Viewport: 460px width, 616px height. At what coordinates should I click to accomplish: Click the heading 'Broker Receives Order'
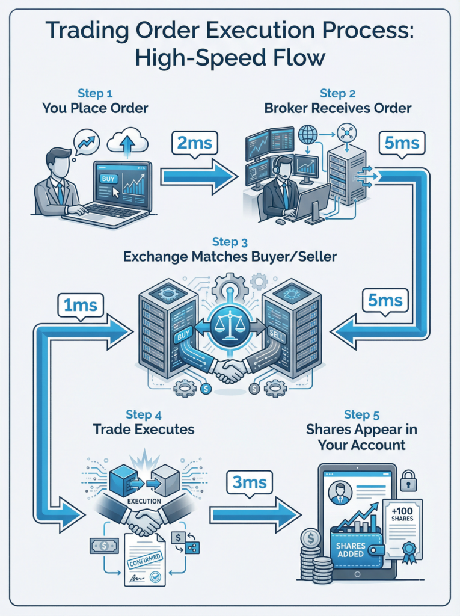point(338,108)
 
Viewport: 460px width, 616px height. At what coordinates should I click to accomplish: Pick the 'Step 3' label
point(230,242)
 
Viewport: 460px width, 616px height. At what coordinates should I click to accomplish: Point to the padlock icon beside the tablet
point(409,481)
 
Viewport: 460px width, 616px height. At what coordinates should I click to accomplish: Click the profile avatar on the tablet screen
point(341,492)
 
